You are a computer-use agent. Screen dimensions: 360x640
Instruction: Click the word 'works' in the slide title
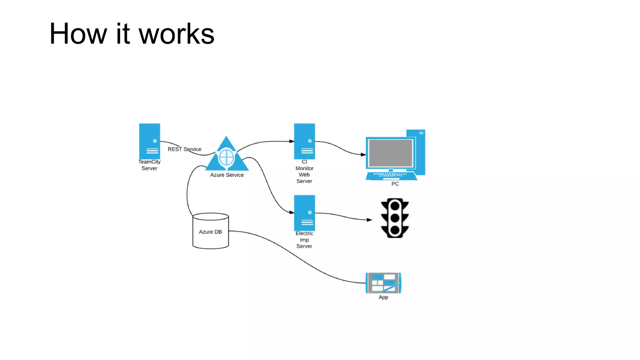[x=177, y=34]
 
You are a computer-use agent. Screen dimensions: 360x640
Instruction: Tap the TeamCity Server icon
[x=149, y=141]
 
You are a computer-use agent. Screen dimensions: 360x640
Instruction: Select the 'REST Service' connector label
[x=184, y=149]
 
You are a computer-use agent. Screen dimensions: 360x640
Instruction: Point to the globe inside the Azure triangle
[x=226, y=157]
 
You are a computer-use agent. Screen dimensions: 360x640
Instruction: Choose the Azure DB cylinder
[x=210, y=231]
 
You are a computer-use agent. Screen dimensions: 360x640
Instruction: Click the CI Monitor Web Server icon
[x=304, y=141]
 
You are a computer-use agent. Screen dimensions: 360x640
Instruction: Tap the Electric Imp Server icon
[x=304, y=213]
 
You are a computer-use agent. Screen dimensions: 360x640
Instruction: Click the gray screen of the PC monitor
[x=391, y=153]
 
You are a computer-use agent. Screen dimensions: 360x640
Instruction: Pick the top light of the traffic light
[x=395, y=206]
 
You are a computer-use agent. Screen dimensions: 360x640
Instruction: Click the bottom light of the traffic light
[x=395, y=230]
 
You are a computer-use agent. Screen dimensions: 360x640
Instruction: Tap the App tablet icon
[x=383, y=283]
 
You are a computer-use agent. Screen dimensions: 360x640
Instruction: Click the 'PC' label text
[x=395, y=184]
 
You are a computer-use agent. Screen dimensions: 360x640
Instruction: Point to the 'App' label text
[x=383, y=297]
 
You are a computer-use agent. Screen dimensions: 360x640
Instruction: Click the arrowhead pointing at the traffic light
[x=369, y=220]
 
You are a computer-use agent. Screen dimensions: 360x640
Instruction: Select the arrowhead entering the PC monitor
[x=363, y=154]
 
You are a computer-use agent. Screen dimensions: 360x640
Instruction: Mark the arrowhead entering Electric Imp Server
[x=292, y=212]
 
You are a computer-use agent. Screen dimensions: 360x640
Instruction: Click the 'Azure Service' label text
[x=227, y=175]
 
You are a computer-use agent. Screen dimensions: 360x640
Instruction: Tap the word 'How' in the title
[x=78, y=34]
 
